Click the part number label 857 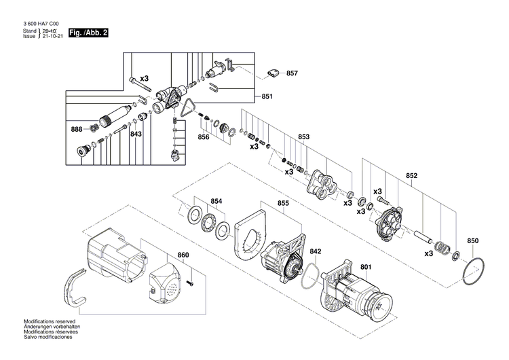(292, 73)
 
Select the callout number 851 (267, 96)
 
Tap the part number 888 (77, 129)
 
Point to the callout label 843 (136, 134)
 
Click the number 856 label (203, 137)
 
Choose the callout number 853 (303, 137)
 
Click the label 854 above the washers (216, 201)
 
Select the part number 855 (282, 203)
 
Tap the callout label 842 (316, 251)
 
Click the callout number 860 (183, 255)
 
